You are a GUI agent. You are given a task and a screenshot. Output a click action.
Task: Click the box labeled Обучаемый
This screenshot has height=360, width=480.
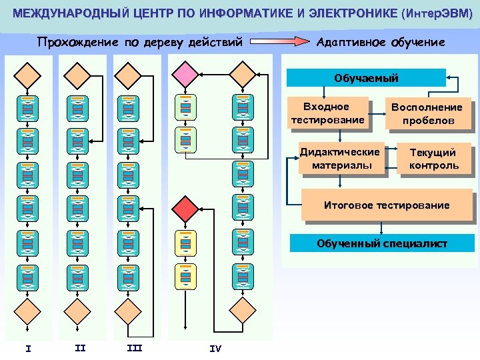[x=366, y=78]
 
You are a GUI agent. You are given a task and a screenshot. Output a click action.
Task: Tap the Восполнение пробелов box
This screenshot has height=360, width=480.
[x=427, y=114]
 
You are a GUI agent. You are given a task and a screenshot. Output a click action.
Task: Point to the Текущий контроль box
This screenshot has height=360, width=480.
[x=433, y=159]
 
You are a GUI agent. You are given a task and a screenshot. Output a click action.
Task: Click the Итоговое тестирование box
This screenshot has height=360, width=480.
[x=386, y=205]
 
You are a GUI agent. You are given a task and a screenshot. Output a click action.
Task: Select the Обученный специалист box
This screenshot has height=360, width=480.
[x=382, y=243]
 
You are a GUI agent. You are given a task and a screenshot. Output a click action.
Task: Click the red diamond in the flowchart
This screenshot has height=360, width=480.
[x=186, y=209]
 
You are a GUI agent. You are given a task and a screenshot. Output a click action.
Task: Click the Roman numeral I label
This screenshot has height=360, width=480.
[x=27, y=347]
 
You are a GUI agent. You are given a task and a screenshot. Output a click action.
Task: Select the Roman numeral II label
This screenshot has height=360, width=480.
[x=80, y=347]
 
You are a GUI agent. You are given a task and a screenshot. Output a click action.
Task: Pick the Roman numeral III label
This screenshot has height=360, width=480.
[x=134, y=347]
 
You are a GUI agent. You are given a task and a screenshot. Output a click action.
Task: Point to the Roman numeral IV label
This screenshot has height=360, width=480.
[x=215, y=348]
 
